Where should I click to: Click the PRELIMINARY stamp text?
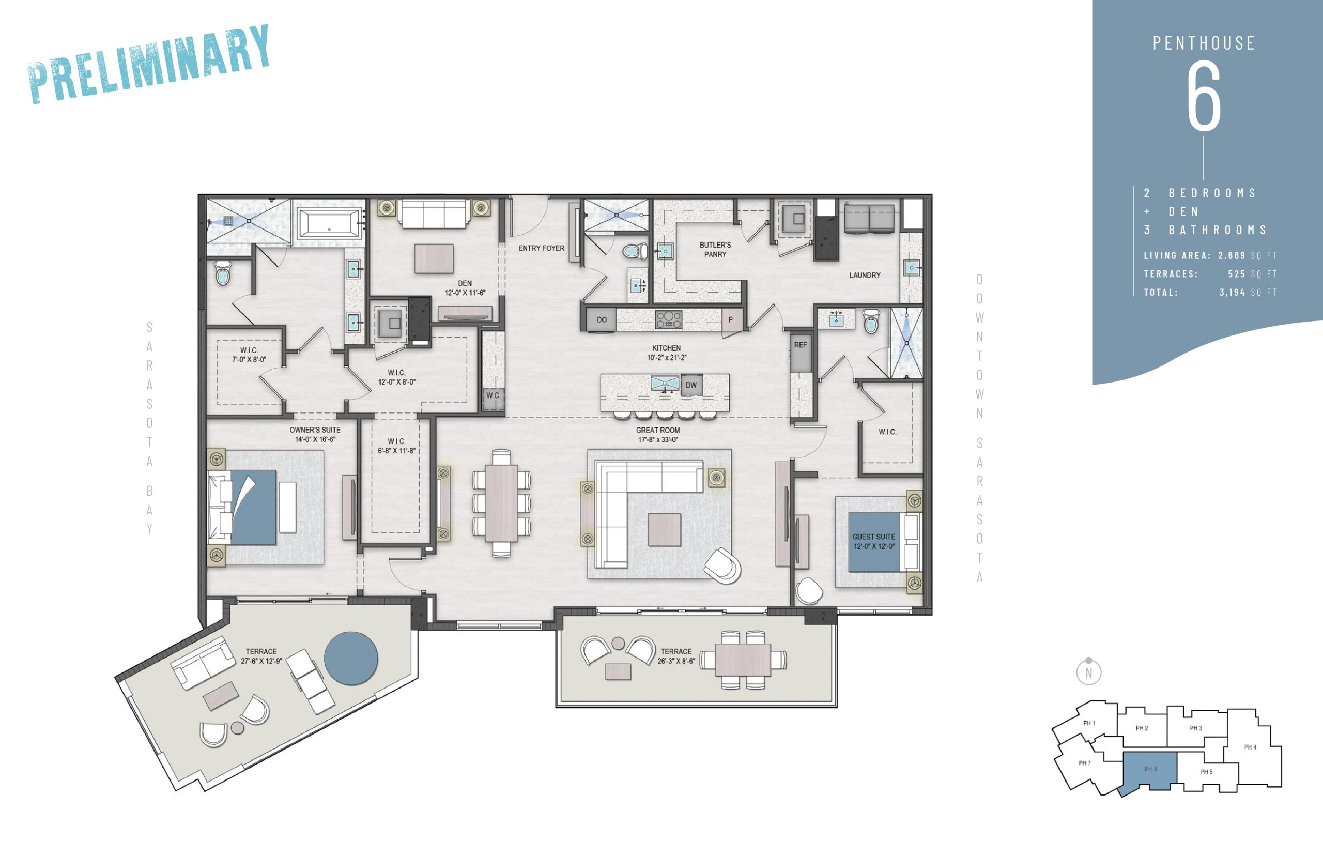(x=149, y=64)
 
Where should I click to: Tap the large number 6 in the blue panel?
(x=1204, y=96)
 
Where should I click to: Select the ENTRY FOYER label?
(x=541, y=249)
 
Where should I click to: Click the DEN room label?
(x=465, y=283)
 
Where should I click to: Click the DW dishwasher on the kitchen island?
(x=690, y=385)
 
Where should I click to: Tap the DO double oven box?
(x=601, y=319)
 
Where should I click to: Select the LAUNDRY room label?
(x=865, y=275)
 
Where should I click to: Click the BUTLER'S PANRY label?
(x=715, y=250)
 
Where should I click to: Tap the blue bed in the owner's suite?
(x=253, y=507)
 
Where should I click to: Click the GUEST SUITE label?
(x=873, y=537)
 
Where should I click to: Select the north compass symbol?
(x=1088, y=671)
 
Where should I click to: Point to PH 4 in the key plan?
(x=1250, y=747)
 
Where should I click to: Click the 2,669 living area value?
(x=1232, y=256)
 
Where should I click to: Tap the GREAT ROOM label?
(x=658, y=430)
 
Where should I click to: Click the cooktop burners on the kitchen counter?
(x=669, y=320)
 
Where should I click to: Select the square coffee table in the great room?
(x=665, y=530)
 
